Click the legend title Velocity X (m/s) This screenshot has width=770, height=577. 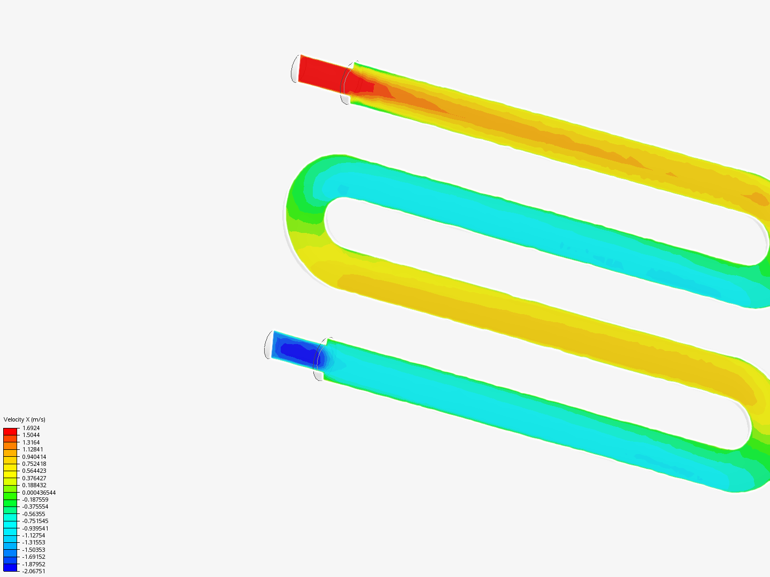coord(24,419)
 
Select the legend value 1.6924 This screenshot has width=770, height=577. coord(31,428)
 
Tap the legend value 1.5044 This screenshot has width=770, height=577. coord(31,435)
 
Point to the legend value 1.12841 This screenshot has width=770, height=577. coord(33,449)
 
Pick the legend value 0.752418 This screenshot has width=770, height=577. coord(34,464)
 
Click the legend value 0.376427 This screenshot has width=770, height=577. coord(34,478)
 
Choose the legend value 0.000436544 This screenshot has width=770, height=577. coord(39,493)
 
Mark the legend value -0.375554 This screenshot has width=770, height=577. coord(35,506)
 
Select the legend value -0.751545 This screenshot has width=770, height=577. coord(35,521)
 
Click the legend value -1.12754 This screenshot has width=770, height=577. coord(34,535)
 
